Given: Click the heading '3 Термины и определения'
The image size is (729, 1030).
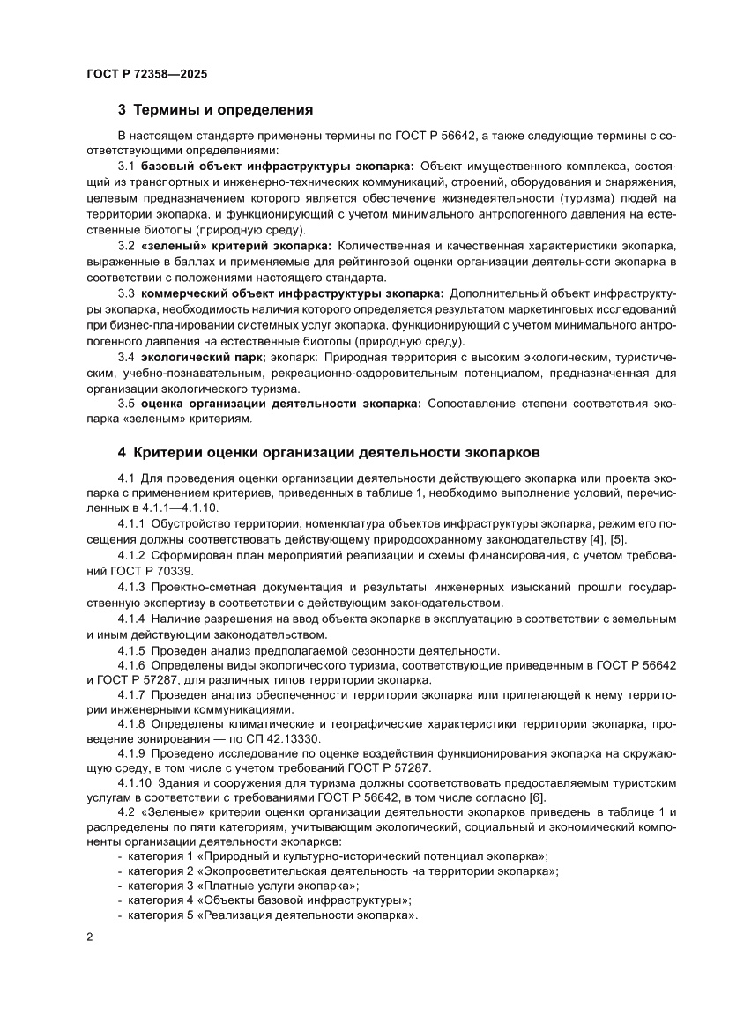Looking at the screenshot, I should click(x=216, y=111).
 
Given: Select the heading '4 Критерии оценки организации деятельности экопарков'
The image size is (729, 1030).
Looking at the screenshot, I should click(x=327, y=453).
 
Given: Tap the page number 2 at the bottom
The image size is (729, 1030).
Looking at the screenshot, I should click(x=90, y=935).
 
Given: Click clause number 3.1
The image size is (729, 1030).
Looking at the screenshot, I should click(x=126, y=166).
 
